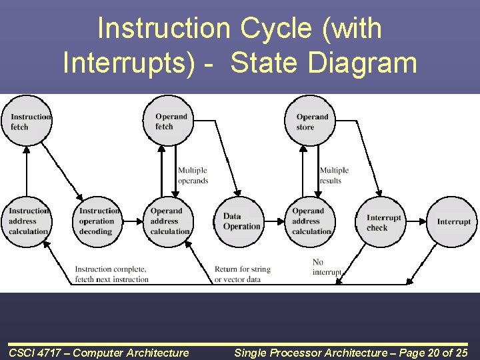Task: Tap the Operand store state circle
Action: (310, 121)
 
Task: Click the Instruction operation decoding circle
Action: (97, 221)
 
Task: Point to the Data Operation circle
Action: (239, 221)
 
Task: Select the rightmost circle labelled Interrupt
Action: (453, 221)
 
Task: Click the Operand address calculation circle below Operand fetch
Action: (169, 221)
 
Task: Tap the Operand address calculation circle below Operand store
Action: (310, 221)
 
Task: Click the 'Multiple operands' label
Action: (193, 175)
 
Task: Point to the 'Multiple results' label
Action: (333, 175)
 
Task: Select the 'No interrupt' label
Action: (326, 267)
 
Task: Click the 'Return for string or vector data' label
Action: (242, 274)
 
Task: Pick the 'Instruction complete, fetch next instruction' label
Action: (111, 274)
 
